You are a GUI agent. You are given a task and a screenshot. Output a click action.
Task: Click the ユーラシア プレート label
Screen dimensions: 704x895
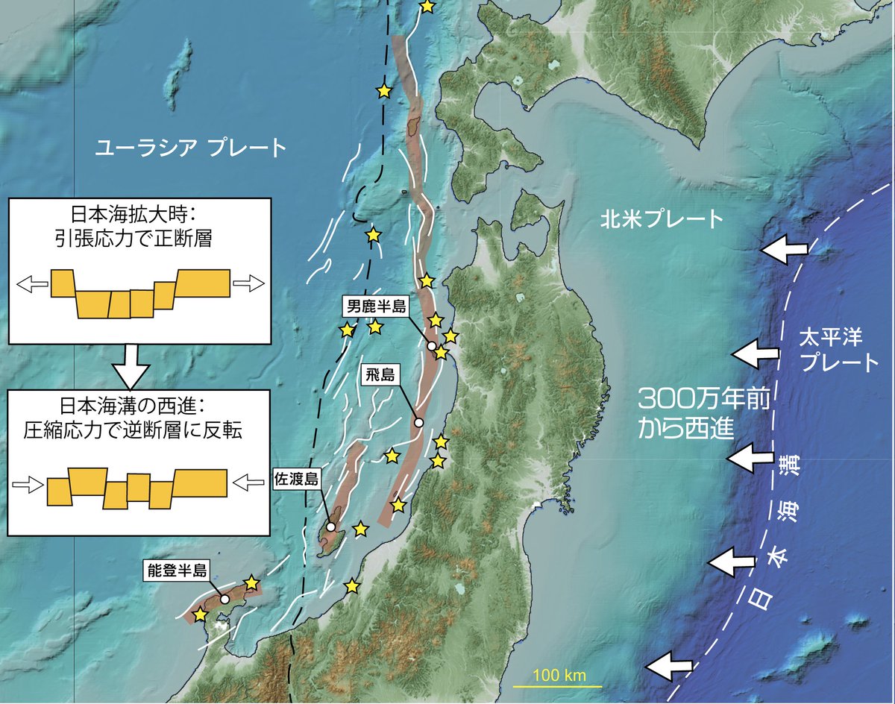coord(190,148)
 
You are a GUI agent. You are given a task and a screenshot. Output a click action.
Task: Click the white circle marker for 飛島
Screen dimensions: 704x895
coord(418,423)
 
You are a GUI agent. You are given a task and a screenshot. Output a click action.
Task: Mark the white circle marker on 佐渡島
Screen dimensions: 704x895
coord(330,527)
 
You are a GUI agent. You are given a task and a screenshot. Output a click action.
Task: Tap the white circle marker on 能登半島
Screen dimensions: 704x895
coord(224,599)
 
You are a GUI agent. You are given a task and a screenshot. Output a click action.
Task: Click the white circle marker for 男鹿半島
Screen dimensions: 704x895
coord(431,346)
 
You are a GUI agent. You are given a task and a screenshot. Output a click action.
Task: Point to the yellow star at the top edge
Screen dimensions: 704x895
coord(427,6)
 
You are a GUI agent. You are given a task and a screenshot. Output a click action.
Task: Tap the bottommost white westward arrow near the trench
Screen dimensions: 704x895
coord(669,664)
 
